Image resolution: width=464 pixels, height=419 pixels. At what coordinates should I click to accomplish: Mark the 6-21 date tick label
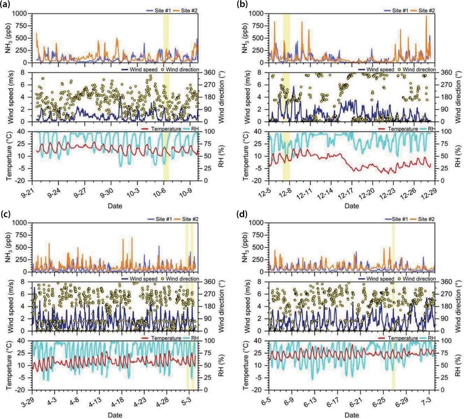click(360, 400)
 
